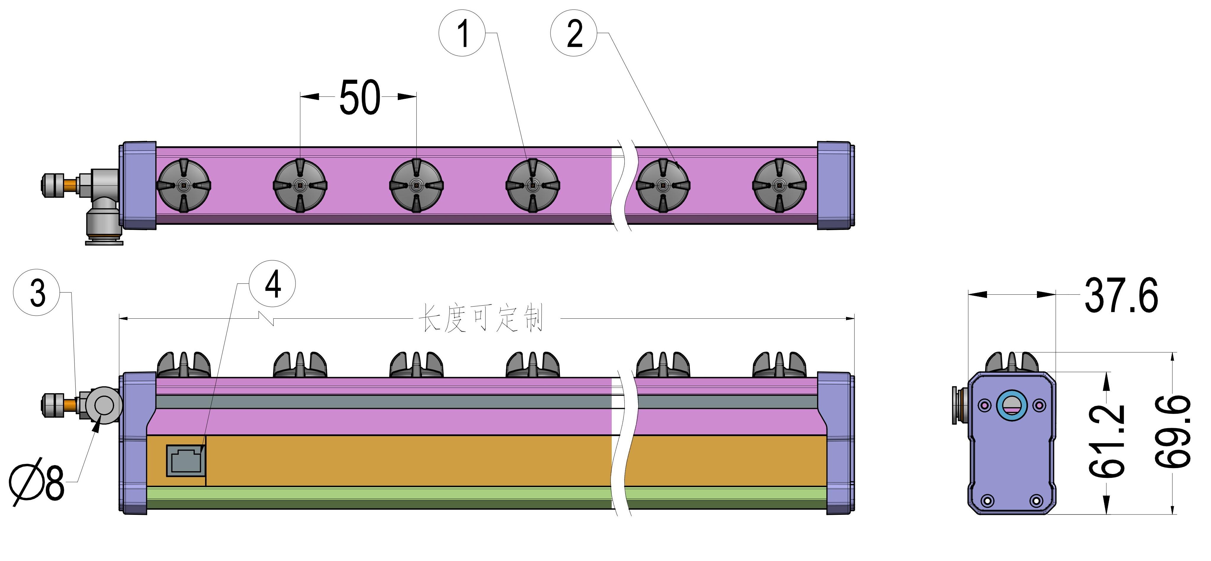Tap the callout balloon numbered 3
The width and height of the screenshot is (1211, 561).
pyautogui.click(x=37, y=292)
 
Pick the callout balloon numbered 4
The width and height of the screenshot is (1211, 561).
pyautogui.click(x=272, y=284)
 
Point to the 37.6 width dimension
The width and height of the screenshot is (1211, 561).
pyautogui.click(x=1121, y=296)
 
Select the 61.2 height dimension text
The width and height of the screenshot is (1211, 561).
pyautogui.click(x=1107, y=441)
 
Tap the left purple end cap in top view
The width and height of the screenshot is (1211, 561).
pyautogui.click(x=138, y=186)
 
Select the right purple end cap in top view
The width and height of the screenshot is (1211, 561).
pyautogui.click(x=835, y=186)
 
